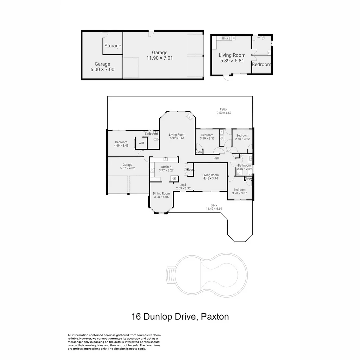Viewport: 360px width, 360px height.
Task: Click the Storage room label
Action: coord(113,46)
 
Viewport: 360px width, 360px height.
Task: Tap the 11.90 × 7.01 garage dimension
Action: coord(159,58)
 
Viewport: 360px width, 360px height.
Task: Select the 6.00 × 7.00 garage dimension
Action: coord(102,70)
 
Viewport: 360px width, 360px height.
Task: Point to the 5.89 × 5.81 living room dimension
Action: coord(232,61)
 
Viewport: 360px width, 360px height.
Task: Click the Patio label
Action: coord(223,109)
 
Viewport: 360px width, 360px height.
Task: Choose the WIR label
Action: coord(141,143)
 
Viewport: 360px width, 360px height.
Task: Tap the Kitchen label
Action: coord(166,167)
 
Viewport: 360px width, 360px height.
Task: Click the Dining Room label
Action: coord(161,193)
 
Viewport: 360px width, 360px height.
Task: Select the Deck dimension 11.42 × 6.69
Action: coord(214,209)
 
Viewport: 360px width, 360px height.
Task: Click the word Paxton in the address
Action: coord(215,317)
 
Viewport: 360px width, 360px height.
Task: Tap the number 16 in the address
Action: coord(136,317)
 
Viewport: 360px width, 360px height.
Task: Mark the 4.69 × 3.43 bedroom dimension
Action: coord(121,146)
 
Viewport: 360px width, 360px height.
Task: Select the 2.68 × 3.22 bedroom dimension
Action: coord(242,139)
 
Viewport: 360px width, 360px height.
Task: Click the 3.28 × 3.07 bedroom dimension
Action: coord(239,193)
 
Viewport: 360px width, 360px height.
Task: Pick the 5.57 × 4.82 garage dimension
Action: coord(127,168)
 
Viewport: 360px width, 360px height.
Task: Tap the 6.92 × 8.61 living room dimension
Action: coord(177,138)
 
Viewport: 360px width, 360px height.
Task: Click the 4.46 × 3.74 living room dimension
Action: coord(210,178)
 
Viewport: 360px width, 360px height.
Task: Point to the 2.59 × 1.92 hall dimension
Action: coord(183,188)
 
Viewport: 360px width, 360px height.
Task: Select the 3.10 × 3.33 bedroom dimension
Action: coord(207,139)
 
